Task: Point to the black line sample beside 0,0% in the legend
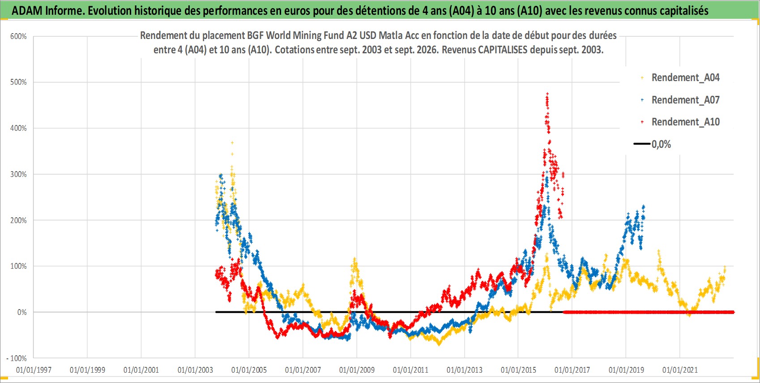tap(642, 144)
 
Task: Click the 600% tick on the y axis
tap(18, 36)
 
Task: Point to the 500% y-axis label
tap(18, 82)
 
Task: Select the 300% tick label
tap(18, 174)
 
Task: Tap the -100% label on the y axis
tap(17, 358)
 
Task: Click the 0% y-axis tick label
tap(22, 312)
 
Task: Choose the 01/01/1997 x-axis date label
tap(34, 370)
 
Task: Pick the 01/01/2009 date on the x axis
tap(357, 370)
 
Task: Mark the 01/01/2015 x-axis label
tap(518, 370)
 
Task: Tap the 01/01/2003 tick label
tap(195, 370)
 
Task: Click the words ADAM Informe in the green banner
tap(47, 11)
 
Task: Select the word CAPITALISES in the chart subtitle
tap(503, 50)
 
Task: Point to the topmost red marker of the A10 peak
tap(547, 93)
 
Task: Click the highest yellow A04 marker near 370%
tap(232, 142)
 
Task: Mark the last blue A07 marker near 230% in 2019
tap(644, 206)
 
